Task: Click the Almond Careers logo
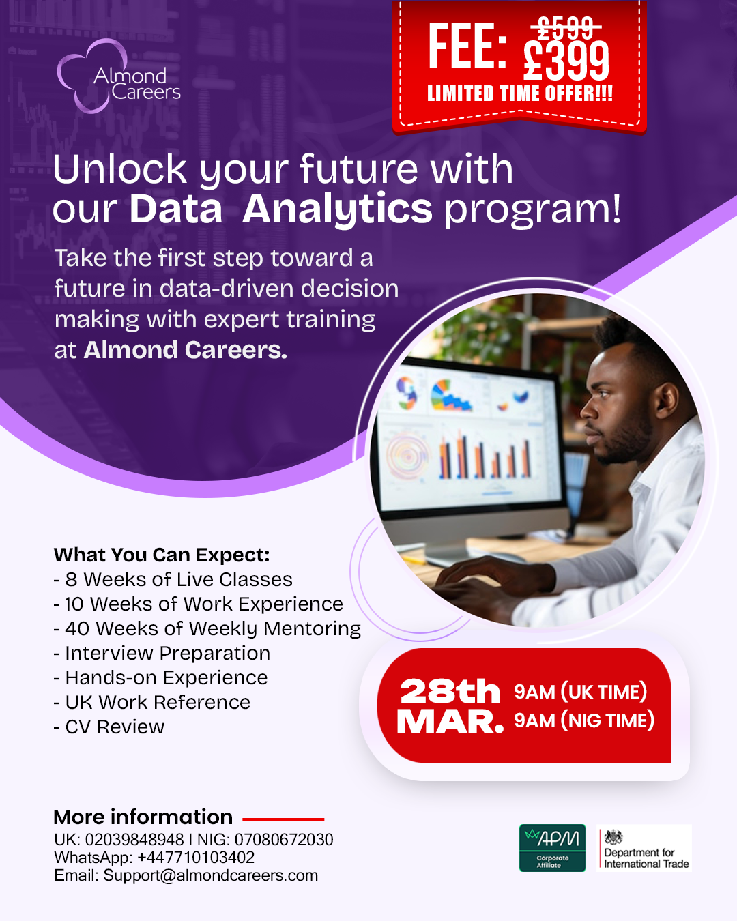(x=119, y=76)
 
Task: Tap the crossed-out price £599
(x=566, y=27)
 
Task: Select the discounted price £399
(x=566, y=61)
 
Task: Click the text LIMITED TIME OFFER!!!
(x=520, y=93)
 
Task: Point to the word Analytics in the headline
(x=338, y=209)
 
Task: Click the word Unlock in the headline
(x=120, y=169)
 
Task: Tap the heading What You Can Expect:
(x=162, y=555)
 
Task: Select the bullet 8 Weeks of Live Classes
(x=173, y=579)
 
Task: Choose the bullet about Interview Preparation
(x=162, y=653)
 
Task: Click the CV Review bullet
(x=109, y=727)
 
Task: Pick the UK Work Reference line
(x=152, y=702)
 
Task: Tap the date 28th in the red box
(x=450, y=691)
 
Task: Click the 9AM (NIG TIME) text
(x=584, y=720)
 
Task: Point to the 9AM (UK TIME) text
(x=580, y=692)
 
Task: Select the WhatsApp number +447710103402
(x=196, y=858)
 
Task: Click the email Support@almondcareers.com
(x=211, y=876)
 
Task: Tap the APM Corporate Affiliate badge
(x=552, y=848)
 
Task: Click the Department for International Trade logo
(x=644, y=848)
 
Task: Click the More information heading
(x=143, y=817)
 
